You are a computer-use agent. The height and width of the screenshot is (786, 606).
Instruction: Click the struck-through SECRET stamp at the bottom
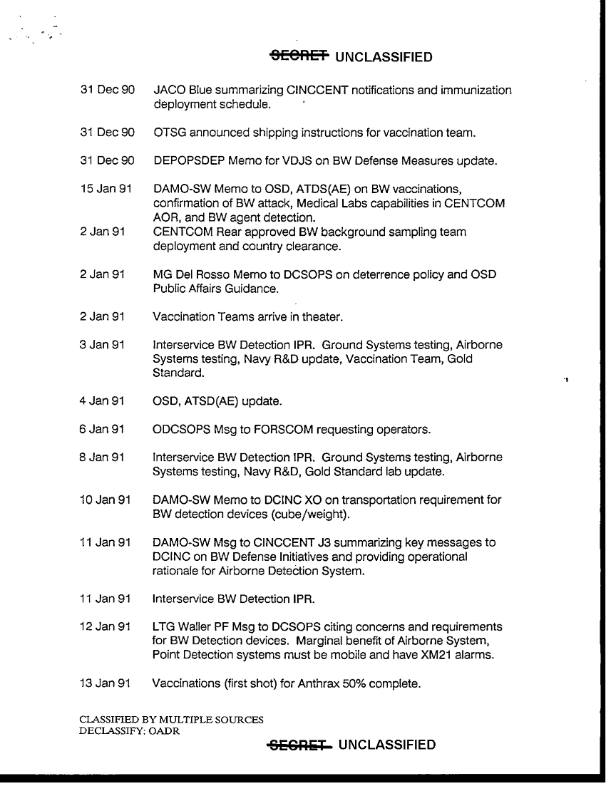(299, 745)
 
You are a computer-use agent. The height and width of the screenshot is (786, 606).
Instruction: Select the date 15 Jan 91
(105, 189)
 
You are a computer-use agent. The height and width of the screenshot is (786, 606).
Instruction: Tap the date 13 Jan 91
(105, 683)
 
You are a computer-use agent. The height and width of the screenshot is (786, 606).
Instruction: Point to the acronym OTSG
(169, 133)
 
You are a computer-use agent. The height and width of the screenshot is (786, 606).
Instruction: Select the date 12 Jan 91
(105, 627)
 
